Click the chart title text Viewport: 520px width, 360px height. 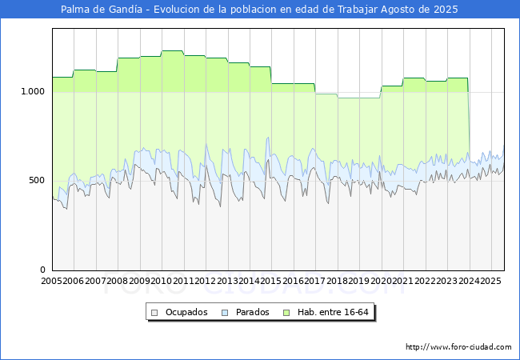[x=260, y=10]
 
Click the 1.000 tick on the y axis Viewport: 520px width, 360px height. [x=33, y=91]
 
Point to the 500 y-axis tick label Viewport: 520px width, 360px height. [x=38, y=180]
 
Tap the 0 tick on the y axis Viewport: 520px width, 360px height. [x=43, y=270]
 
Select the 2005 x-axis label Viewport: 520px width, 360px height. [x=52, y=281]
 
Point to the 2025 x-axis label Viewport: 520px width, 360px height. [x=490, y=281]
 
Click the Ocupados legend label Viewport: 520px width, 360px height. [x=186, y=312]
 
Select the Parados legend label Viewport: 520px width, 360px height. [x=253, y=312]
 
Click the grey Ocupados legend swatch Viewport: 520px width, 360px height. [x=156, y=312]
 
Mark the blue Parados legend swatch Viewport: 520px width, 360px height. [x=226, y=312]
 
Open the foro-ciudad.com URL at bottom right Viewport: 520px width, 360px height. [x=458, y=347]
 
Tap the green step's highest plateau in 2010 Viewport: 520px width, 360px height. [x=173, y=51]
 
